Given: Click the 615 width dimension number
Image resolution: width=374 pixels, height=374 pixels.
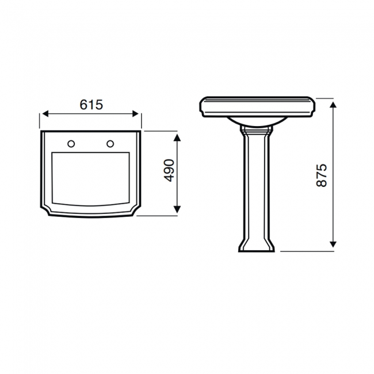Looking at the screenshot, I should click(x=91, y=104).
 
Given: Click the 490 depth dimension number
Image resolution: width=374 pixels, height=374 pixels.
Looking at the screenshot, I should click(x=168, y=171).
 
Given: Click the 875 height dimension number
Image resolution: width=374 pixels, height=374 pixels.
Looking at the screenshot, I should click(x=322, y=174).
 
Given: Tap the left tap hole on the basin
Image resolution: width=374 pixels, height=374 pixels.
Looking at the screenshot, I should click(x=72, y=143).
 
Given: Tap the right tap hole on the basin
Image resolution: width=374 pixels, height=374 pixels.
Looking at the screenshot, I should click(x=110, y=143).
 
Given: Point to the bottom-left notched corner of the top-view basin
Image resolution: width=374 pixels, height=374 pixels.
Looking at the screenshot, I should click(x=45, y=209).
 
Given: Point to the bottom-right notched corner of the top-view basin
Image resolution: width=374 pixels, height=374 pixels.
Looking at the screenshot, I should click(x=136, y=209).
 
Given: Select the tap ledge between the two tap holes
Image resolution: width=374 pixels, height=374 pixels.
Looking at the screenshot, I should click(x=91, y=143).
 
